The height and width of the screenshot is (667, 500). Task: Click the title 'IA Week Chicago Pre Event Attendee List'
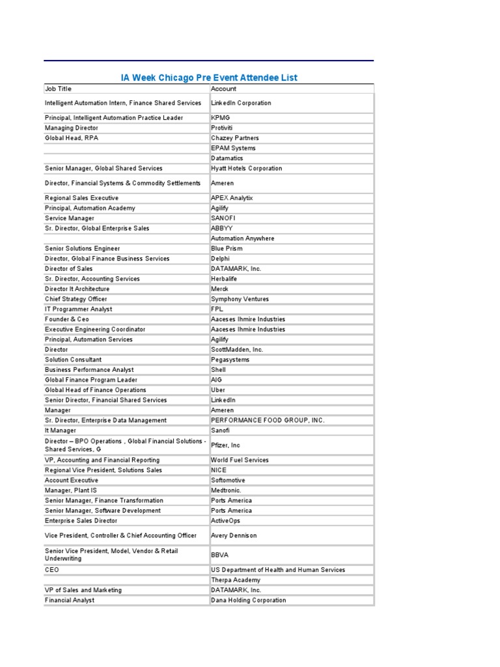[x=209, y=78]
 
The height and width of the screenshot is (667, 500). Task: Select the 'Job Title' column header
[x=59, y=89]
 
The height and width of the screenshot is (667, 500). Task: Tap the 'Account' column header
[x=224, y=89]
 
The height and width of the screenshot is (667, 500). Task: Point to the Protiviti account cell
[x=222, y=128]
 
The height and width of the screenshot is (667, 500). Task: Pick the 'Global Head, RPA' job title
[x=72, y=138]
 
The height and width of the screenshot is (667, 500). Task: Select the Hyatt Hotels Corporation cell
[x=247, y=168]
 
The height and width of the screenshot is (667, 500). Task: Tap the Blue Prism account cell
[x=227, y=248]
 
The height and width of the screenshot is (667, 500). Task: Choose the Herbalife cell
[x=225, y=279]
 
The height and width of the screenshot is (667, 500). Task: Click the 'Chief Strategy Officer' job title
[x=76, y=299]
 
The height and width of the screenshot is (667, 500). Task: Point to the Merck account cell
[x=220, y=289]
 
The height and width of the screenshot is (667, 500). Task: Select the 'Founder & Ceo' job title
[x=67, y=319]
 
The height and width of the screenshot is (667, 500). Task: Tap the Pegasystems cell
[x=230, y=360]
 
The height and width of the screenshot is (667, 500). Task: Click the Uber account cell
[x=217, y=390]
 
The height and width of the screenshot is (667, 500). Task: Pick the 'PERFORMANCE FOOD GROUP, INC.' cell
[x=268, y=420]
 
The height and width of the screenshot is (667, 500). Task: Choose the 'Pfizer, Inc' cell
[x=226, y=445]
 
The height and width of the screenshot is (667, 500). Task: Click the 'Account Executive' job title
[x=72, y=480]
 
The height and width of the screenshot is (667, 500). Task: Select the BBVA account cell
[x=219, y=555]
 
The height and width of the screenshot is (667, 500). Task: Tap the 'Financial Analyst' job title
[x=70, y=600]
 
